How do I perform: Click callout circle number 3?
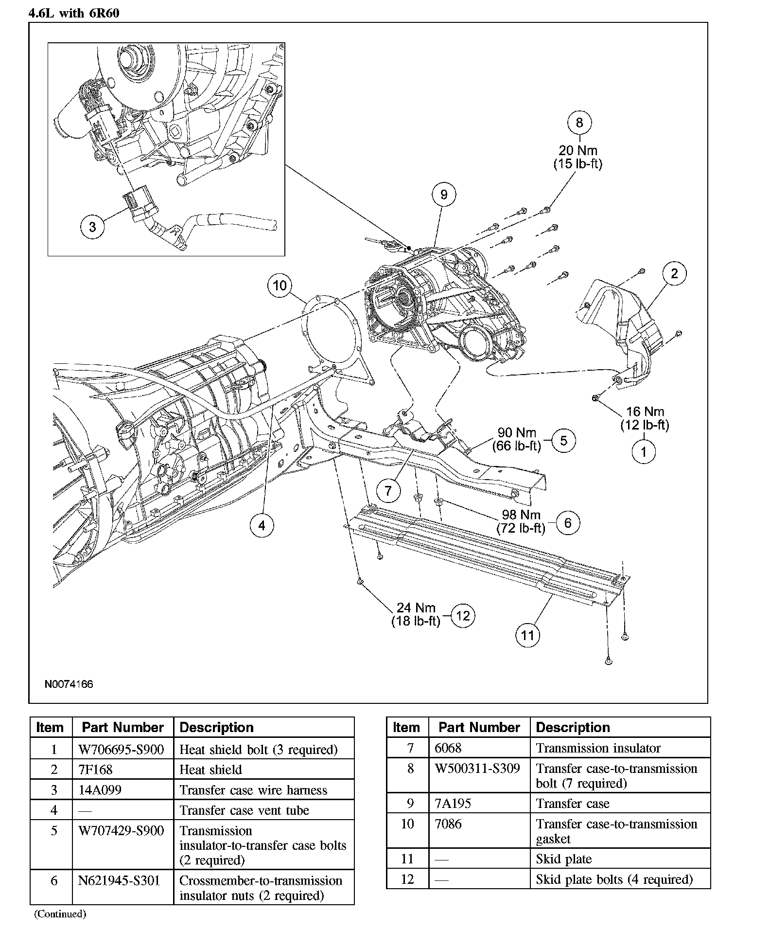pyautogui.click(x=92, y=227)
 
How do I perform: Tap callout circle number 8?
pyautogui.click(x=579, y=123)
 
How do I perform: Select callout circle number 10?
pyautogui.click(x=280, y=285)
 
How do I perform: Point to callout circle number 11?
pyautogui.click(x=527, y=635)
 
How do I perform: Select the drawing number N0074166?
pyautogui.click(x=69, y=684)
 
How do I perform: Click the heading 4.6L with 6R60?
pyautogui.click(x=74, y=13)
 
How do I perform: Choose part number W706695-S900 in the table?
pyautogui.click(x=121, y=749)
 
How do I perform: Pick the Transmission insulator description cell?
pyautogui.click(x=598, y=748)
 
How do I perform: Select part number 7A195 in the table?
pyautogui.click(x=453, y=804)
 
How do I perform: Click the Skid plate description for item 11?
pyautogui.click(x=564, y=859)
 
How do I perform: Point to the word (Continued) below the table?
pyautogui.click(x=60, y=913)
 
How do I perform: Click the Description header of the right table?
pyautogui.click(x=573, y=727)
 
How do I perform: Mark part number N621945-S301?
pyautogui.click(x=119, y=881)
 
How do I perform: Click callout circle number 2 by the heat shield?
pyautogui.click(x=674, y=273)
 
